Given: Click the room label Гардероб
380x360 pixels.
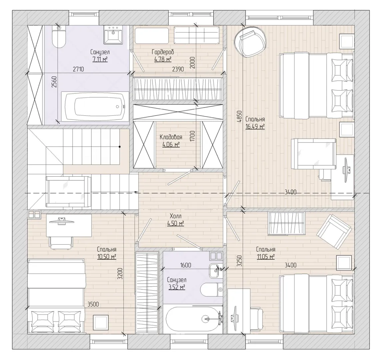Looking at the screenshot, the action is point(163,52).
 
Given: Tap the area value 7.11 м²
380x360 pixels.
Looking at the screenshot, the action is point(100,59).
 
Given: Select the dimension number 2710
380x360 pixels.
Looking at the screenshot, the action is point(78,69).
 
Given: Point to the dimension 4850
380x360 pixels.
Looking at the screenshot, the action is point(239,116).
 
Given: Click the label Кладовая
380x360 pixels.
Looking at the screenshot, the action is point(171,137).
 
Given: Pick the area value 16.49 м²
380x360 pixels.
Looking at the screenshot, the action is point(255,127).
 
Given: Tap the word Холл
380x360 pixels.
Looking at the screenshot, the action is point(176,216).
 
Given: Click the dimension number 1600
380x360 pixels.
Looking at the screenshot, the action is point(186,265).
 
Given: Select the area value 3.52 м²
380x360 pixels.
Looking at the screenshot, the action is point(177,287).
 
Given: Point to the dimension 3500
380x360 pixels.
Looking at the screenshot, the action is point(93,304).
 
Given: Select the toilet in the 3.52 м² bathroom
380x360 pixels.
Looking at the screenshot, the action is point(211,289).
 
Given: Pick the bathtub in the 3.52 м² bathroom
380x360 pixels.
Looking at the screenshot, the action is point(193,318).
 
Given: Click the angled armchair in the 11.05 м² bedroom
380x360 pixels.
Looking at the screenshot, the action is point(334,232).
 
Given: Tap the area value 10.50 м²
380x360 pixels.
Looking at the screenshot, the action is point(107,257).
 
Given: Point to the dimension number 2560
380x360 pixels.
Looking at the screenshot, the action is point(54,82).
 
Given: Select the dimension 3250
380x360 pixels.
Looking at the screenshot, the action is point(239,261).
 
